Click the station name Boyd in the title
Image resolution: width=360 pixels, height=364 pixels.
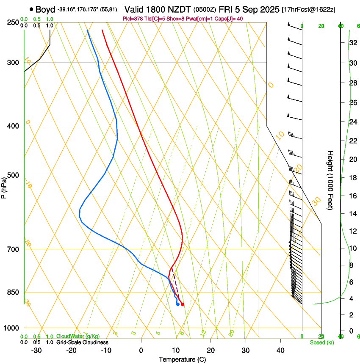pyautogui.click(x=45, y=9)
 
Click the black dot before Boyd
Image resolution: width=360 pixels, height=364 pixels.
pyautogui.click(x=32, y=9)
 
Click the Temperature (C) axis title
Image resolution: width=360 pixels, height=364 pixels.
pyautogui.click(x=182, y=359)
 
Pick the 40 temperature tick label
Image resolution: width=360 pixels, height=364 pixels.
pyautogui.click(x=280, y=350)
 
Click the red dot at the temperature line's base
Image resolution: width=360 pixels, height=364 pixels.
pyautogui.click(x=183, y=304)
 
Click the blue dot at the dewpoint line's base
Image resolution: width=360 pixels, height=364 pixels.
pyautogui.click(x=178, y=304)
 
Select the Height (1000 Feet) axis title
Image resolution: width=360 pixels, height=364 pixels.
pyautogui.click(x=330, y=180)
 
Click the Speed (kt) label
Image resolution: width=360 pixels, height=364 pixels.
pyautogui.click(x=322, y=342)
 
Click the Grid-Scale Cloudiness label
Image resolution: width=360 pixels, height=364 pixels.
pyautogui.click(x=82, y=342)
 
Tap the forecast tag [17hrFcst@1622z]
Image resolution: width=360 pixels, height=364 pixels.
pyautogui.click(x=309, y=9)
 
